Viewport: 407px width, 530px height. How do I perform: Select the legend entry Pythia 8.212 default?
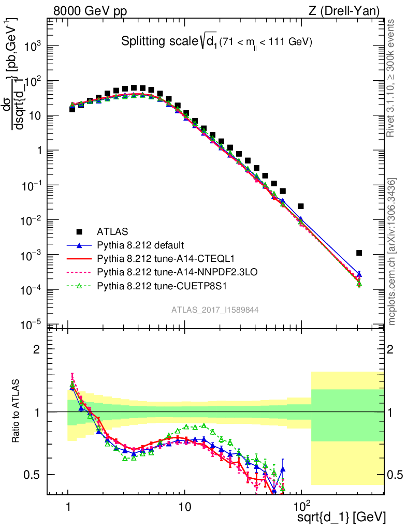[140, 244]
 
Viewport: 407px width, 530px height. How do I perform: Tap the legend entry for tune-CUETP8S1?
[150, 285]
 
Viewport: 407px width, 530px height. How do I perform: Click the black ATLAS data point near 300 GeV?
[359, 253]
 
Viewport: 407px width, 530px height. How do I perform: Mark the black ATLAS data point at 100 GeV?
[301, 206]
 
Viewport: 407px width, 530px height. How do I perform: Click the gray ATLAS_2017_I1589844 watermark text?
[215, 310]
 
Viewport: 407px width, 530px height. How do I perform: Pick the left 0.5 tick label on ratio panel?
[33, 475]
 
